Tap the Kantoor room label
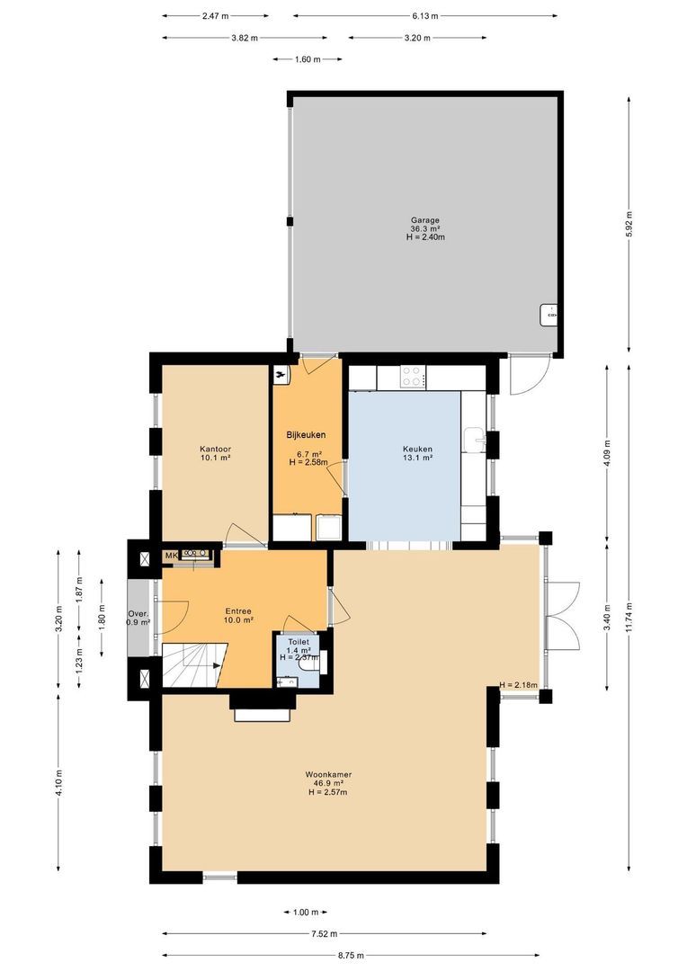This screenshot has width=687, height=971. [x=216, y=449]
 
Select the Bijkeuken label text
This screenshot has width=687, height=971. [x=306, y=434]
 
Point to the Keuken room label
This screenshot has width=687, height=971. [x=417, y=449]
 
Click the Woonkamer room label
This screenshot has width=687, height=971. [x=327, y=774]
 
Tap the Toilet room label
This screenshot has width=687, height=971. [x=299, y=642]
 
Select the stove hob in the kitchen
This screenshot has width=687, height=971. [x=413, y=376]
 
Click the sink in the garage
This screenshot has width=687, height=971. [x=549, y=316]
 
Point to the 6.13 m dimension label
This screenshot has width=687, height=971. [x=425, y=15]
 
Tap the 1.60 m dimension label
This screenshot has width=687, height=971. [x=307, y=59]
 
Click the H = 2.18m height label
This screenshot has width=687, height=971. [x=518, y=686]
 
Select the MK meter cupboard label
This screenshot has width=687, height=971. [x=171, y=556]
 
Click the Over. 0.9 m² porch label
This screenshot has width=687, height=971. [x=138, y=618]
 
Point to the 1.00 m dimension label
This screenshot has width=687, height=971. [x=306, y=913]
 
